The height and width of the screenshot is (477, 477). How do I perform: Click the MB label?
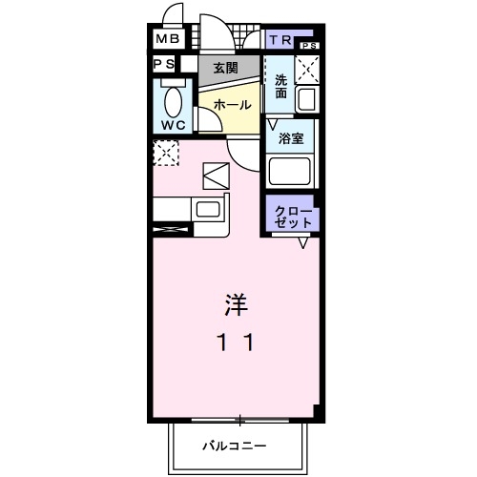(167, 39)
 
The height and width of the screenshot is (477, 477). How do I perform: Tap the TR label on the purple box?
(281, 39)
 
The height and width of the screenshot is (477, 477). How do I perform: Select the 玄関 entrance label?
(225, 68)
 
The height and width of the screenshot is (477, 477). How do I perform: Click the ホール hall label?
(233, 104)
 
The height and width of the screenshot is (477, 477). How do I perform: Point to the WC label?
(174, 124)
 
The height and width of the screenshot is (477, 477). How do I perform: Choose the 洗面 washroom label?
(281, 87)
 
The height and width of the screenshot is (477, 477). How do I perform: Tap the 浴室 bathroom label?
(291, 138)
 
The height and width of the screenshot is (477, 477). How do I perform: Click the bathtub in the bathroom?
(291, 172)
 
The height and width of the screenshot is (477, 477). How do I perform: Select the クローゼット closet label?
(293, 216)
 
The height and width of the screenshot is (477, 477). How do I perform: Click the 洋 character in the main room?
(238, 305)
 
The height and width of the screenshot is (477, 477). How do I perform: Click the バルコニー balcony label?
(235, 446)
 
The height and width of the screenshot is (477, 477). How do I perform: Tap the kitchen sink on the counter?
(207, 210)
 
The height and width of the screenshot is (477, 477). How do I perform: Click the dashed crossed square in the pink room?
(167, 153)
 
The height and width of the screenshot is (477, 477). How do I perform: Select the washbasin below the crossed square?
(307, 97)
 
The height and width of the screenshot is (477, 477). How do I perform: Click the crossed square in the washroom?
(307, 68)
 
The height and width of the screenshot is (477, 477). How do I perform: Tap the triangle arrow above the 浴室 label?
(274, 123)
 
